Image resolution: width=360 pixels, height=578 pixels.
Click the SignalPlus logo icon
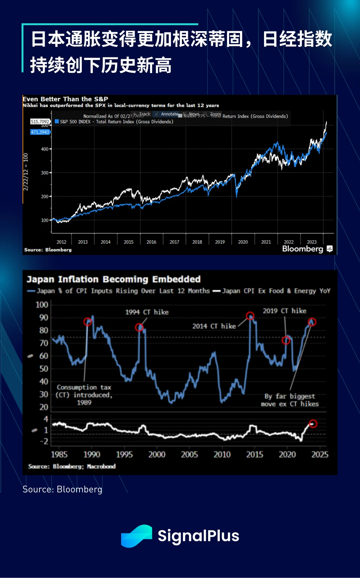pyautogui.click(x=136, y=536)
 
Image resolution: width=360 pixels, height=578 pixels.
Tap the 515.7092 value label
pyautogui.click(x=40, y=121)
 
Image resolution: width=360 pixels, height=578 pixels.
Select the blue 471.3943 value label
pyautogui.click(x=40, y=132)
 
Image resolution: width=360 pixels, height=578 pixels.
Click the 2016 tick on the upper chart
pyautogui.click(x=151, y=242)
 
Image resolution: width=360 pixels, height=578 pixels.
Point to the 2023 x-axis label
pyautogui.click(x=312, y=242)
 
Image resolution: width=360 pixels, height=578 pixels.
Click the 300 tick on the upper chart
pyautogui.click(x=45, y=173)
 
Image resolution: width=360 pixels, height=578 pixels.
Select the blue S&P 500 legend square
pyautogui.click(x=57, y=121)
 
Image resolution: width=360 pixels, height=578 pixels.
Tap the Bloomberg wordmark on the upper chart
pyautogui.click(x=303, y=249)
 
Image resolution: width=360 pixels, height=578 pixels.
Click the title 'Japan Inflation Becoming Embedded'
pyautogui.click(x=114, y=279)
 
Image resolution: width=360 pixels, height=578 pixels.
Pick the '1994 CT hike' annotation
pyautogui.click(x=147, y=312)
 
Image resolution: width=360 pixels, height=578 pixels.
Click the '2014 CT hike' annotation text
pyautogui.click(x=214, y=326)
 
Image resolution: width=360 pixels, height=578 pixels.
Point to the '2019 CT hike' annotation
pyautogui.click(x=285, y=311)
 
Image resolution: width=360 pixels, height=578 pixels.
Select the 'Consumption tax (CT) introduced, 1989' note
pyautogui.click(x=84, y=395)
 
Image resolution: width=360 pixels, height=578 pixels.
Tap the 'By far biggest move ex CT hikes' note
pyautogui.click(x=290, y=400)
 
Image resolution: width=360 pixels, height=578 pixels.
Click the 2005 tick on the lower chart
pyautogui.click(x=189, y=454)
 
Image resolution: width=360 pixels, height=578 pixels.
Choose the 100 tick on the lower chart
pyautogui.click(x=42, y=305)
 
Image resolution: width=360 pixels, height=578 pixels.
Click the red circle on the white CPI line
pyautogui.click(x=313, y=424)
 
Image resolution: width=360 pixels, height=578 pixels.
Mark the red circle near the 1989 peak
pyautogui.click(x=87, y=322)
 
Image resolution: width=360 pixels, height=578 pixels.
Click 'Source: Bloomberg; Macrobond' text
pyautogui.click(x=72, y=466)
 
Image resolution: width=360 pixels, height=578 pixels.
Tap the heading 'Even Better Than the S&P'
pyautogui.click(x=66, y=99)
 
